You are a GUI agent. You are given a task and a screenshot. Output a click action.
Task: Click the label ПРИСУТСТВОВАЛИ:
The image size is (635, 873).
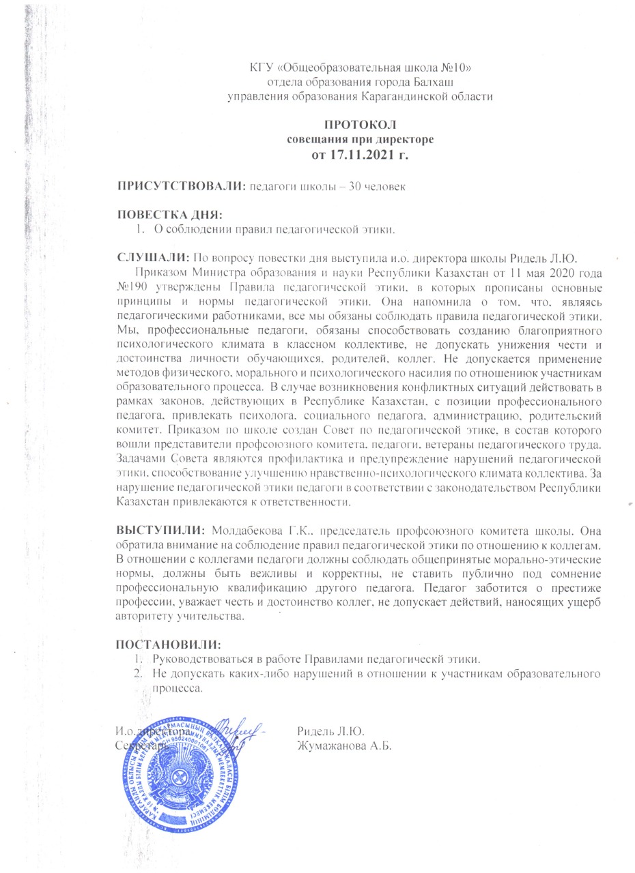[x=180, y=186]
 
